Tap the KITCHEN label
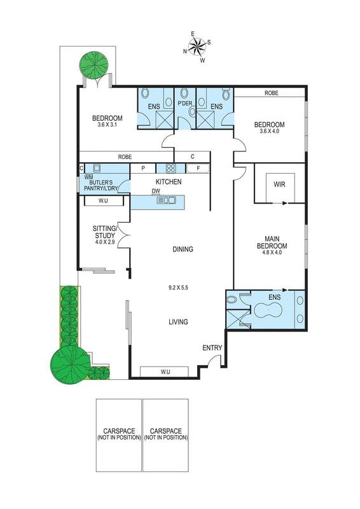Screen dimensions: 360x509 169,182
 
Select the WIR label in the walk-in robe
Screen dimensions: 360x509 279,185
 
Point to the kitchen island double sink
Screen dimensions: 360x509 166,200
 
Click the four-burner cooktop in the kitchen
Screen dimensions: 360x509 170,168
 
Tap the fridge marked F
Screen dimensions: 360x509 198,169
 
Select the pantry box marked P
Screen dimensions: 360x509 143,169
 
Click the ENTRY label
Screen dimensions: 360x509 212,348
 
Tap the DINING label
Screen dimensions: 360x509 183,249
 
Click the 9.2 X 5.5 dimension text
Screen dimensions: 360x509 179,288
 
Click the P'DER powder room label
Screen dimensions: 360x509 185,104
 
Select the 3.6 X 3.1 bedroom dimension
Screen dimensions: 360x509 107,124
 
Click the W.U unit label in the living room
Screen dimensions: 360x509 165,372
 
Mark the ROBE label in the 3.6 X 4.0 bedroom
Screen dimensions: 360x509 272,93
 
